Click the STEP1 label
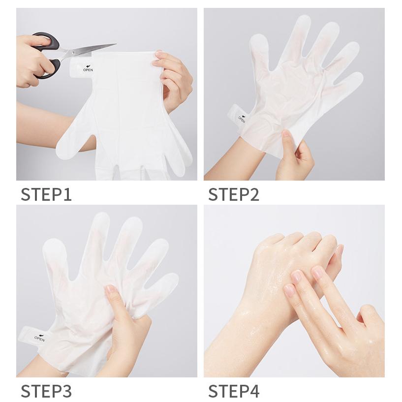(x=46, y=194)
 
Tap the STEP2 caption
(x=234, y=194)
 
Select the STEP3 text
(x=46, y=391)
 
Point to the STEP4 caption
(x=234, y=391)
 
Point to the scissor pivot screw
(x=74, y=53)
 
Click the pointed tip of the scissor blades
(x=116, y=44)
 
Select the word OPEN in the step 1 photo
(x=88, y=70)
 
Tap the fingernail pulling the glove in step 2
(x=285, y=133)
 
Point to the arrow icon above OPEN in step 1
(x=89, y=66)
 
